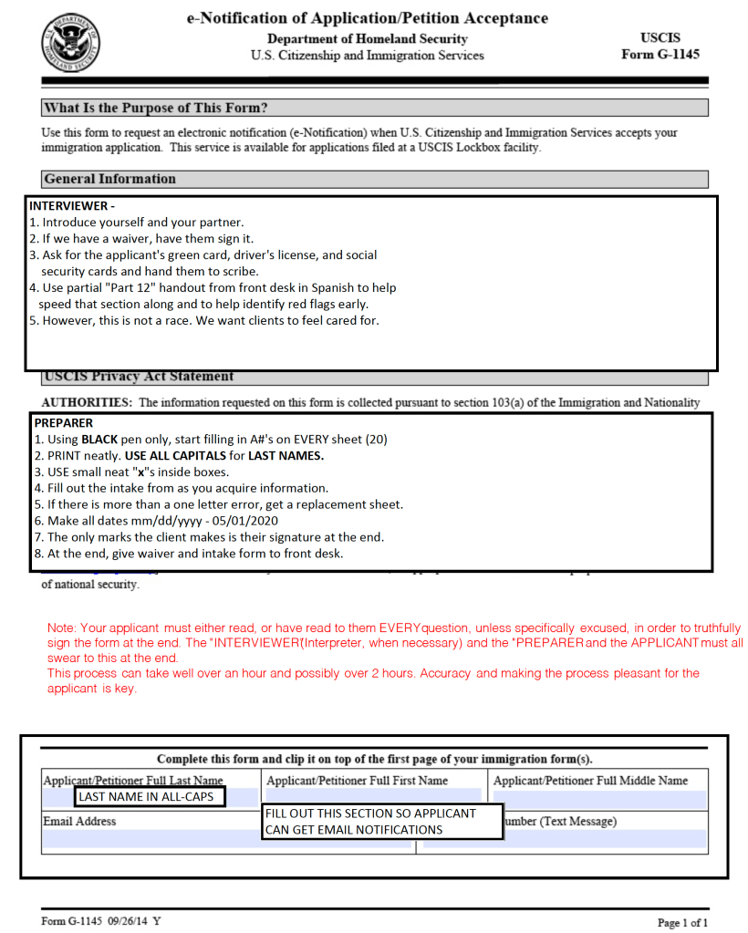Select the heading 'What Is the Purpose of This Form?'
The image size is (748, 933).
(x=156, y=109)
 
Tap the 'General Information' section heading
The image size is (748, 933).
(x=109, y=179)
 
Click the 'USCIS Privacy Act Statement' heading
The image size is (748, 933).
(x=139, y=377)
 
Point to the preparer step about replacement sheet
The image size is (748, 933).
(x=218, y=504)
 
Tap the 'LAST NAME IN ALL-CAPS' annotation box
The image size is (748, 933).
(x=151, y=797)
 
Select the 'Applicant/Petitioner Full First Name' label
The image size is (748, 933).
(x=358, y=781)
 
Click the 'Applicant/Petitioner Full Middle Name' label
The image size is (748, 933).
(x=590, y=781)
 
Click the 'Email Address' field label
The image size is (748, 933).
(x=79, y=821)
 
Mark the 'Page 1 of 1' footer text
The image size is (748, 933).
(x=682, y=922)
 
